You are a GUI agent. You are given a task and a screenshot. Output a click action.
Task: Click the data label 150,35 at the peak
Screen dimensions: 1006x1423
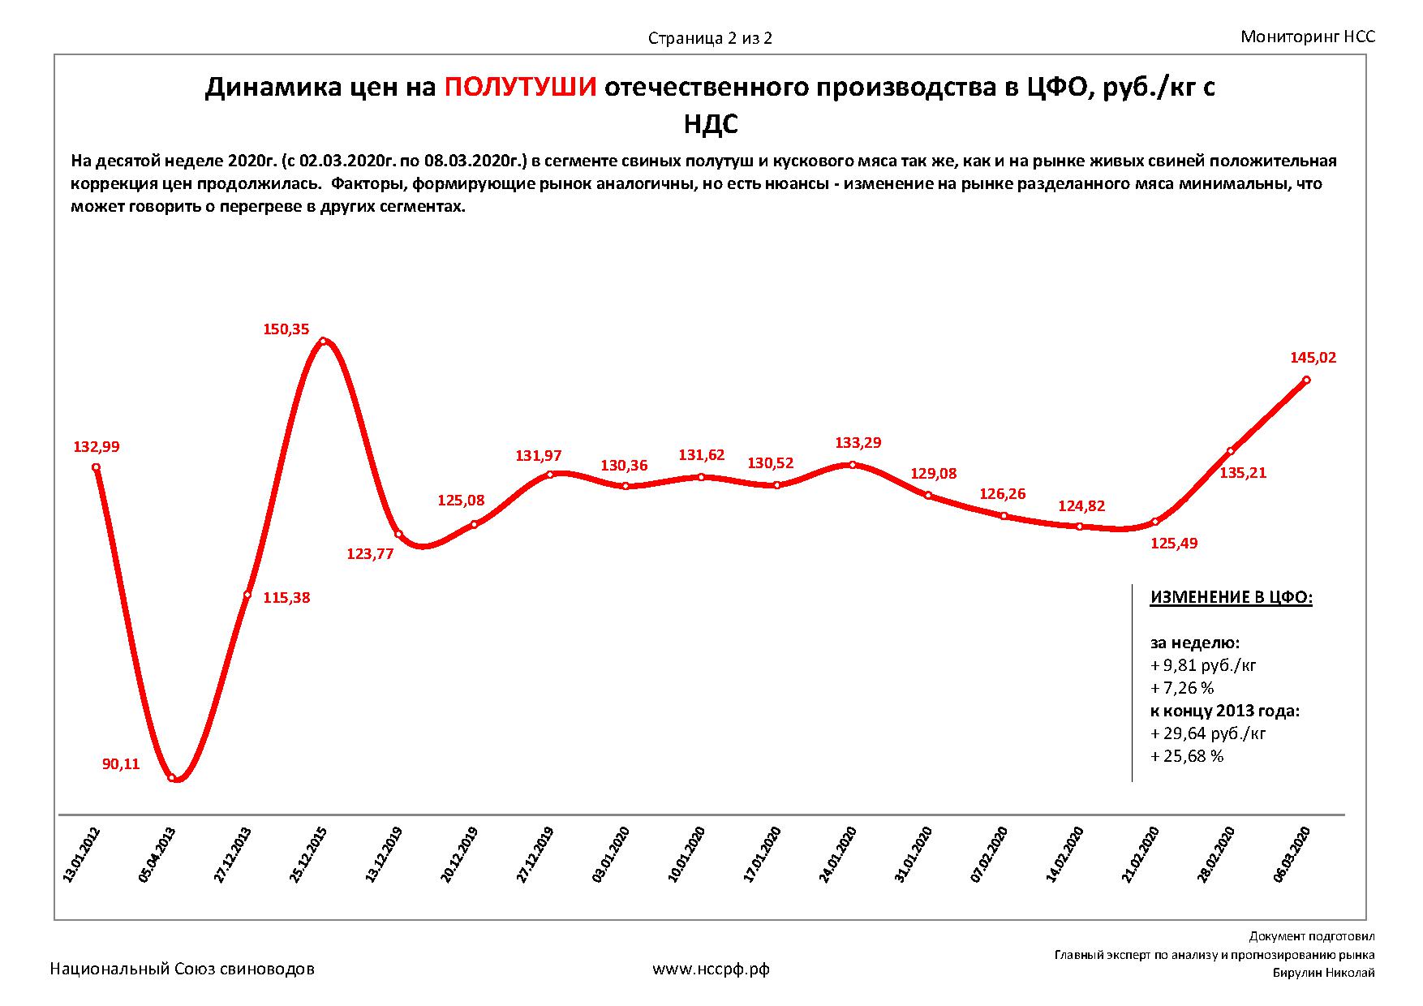pos(286,329)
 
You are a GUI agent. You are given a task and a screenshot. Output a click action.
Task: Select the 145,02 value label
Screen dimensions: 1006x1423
pos(1313,357)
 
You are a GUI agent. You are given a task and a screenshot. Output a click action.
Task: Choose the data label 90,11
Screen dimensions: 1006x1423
pos(120,763)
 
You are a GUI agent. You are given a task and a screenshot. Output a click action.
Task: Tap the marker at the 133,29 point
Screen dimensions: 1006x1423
pos(852,465)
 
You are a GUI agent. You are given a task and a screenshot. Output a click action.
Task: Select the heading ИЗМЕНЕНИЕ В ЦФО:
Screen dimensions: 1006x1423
pos(1231,598)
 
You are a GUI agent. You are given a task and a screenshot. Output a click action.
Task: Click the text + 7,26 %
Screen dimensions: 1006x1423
pos(1182,688)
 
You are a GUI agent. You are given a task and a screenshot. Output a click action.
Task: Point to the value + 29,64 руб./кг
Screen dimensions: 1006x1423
pos(1208,733)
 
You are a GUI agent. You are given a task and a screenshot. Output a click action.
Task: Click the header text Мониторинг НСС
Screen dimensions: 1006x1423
pos(1308,37)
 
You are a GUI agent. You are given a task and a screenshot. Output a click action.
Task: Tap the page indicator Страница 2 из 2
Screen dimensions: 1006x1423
pos(710,38)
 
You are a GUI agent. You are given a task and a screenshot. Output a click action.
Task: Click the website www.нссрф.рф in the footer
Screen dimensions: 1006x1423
pos(711,969)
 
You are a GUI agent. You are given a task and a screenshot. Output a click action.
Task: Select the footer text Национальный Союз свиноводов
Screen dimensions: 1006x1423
pos(183,969)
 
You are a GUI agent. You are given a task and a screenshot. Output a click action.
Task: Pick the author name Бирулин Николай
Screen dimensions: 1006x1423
pos(1323,973)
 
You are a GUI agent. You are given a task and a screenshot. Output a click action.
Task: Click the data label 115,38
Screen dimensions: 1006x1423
pos(286,598)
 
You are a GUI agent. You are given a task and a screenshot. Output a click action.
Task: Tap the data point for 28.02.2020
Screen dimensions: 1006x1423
pos(1231,451)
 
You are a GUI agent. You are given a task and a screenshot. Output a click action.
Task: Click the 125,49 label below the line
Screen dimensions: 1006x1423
pos(1174,544)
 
